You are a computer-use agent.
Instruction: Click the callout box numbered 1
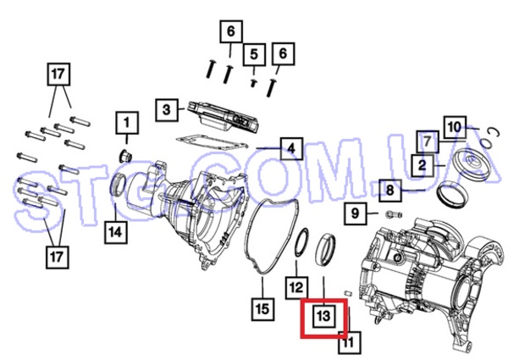pos(127,123)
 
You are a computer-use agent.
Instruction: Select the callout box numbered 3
pos(167,110)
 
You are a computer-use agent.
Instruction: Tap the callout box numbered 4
pos(291,149)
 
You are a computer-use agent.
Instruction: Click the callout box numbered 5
pos(254,54)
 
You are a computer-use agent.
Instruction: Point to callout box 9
pos(356,213)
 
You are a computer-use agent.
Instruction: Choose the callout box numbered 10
pos(455,127)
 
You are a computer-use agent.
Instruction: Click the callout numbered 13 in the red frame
pos(324,316)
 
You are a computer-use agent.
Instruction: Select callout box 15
pos(262,309)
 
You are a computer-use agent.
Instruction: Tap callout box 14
pos(116,232)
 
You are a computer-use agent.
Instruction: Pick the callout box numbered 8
pos(390,191)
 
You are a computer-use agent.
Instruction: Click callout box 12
pos(296,288)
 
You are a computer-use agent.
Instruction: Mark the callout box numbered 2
pos(422,165)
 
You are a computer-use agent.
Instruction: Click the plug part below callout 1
pos(125,156)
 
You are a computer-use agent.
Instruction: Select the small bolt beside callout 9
pos(394,214)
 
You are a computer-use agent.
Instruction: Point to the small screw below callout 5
pos(254,83)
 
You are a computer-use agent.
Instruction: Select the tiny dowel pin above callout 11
pos(348,292)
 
